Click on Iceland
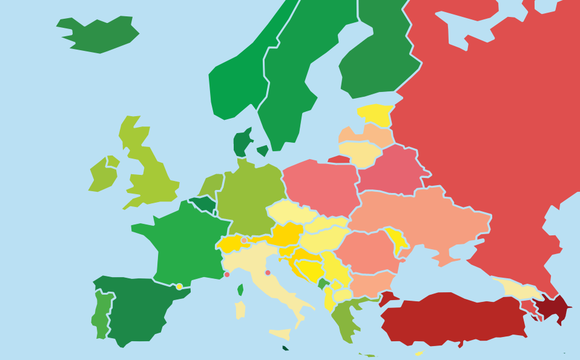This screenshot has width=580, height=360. coord(100,33)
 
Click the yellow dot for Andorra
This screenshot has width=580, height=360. coord(179,287)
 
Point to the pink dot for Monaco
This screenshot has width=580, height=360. coord(227,275)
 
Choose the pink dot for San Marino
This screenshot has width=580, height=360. coord(268,273)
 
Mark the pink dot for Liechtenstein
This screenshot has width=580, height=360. coord(244,240)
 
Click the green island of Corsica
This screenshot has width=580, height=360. coord(240,290)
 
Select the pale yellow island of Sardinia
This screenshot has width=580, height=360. coord(240,310)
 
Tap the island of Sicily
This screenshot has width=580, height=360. coord(280,333)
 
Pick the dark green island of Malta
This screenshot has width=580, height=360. coord(285,348)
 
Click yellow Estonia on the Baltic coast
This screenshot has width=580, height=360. coord(375,114)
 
